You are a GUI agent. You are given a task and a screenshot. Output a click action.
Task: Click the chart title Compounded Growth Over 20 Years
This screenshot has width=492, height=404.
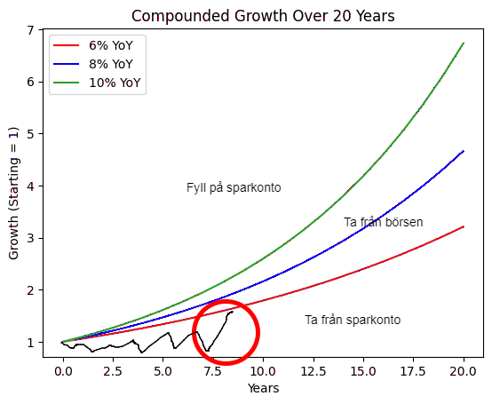263,16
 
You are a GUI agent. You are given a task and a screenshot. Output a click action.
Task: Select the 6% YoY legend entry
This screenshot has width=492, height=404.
93,45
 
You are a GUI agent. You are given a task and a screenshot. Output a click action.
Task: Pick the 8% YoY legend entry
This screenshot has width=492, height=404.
93,64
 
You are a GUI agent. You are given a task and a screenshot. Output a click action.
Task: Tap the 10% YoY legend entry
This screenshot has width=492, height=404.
97,83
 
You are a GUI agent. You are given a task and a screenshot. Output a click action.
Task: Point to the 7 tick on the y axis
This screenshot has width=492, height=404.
30,30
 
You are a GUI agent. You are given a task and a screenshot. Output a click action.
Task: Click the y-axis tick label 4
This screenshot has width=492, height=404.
30,186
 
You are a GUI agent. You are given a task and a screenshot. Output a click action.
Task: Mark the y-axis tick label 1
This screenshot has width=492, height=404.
30,342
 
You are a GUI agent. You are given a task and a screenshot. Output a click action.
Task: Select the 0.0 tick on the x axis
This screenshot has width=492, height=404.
63,371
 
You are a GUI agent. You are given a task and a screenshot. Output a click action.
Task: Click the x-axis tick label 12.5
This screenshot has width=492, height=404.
313,371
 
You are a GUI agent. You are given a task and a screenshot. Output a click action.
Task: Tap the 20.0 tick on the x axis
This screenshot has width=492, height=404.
464,371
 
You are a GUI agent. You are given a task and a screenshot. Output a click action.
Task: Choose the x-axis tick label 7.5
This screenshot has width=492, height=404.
213,371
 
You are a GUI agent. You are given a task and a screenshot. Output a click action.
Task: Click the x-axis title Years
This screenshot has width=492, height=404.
263,388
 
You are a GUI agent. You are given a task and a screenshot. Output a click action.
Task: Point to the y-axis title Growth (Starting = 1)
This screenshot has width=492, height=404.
13,194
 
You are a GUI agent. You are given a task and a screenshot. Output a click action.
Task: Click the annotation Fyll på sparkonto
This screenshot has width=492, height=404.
234,188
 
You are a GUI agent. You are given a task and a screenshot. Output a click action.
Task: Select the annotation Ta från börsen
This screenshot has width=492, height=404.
384,222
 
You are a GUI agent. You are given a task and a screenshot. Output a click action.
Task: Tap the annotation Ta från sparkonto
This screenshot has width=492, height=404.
353,320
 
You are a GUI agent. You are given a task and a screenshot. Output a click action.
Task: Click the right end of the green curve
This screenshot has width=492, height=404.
464,43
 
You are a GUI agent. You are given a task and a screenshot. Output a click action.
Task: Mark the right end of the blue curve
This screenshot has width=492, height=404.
464,151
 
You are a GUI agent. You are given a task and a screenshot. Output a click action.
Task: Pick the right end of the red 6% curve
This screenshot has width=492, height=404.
464,226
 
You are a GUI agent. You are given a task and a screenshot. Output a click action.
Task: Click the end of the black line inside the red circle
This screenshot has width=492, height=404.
233,312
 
